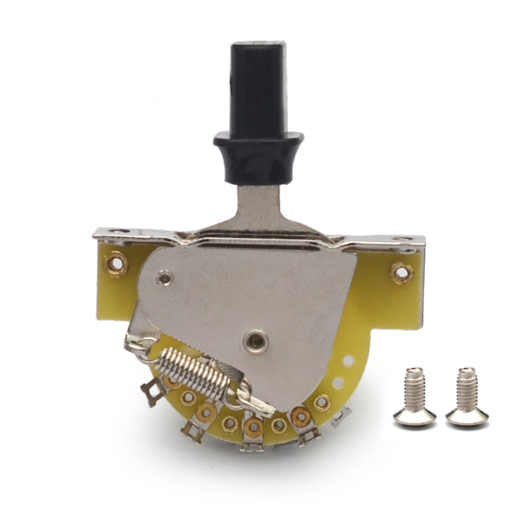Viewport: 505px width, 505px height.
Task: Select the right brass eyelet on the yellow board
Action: pos(401,273)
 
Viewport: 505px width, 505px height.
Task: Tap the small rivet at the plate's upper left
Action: pos(165,276)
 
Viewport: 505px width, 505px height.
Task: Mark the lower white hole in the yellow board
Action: pos(338,383)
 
